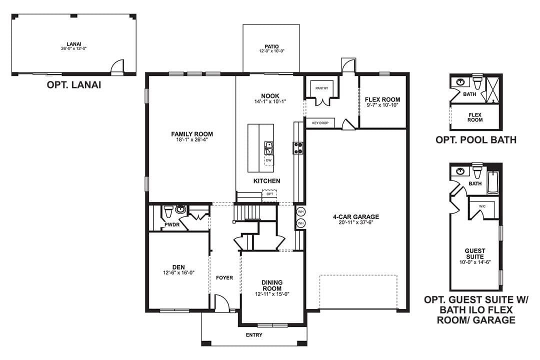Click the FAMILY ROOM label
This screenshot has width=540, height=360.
click(192, 134)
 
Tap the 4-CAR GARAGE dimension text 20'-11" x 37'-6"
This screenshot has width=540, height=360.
click(356, 222)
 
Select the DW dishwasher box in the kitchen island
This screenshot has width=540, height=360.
click(268, 160)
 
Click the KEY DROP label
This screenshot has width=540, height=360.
click(320, 123)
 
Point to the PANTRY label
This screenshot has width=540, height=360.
click(321, 88)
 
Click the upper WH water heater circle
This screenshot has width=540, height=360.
click(300, 211)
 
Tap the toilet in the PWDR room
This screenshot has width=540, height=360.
click(168, 211)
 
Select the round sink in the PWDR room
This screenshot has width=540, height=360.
click(180, 209)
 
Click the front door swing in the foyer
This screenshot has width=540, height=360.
click(222, 303)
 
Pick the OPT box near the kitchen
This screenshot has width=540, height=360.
click(269, 194)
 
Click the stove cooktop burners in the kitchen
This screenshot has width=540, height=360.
click(298, 148)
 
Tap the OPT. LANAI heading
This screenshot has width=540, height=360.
click(74, 85)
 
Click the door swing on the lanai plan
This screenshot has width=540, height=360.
click(117, 67)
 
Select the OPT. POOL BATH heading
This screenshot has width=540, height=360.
click(476, 140)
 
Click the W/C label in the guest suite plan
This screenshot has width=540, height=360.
click(482, 206)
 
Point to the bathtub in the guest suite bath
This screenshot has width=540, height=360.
click(493, 182)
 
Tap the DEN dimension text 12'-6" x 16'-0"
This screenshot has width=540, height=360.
click(178, 273)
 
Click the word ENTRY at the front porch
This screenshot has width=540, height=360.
click(254, 335)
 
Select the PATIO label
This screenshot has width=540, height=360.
click(271, 46)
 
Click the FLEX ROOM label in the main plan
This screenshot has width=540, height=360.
click(382, 99)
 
